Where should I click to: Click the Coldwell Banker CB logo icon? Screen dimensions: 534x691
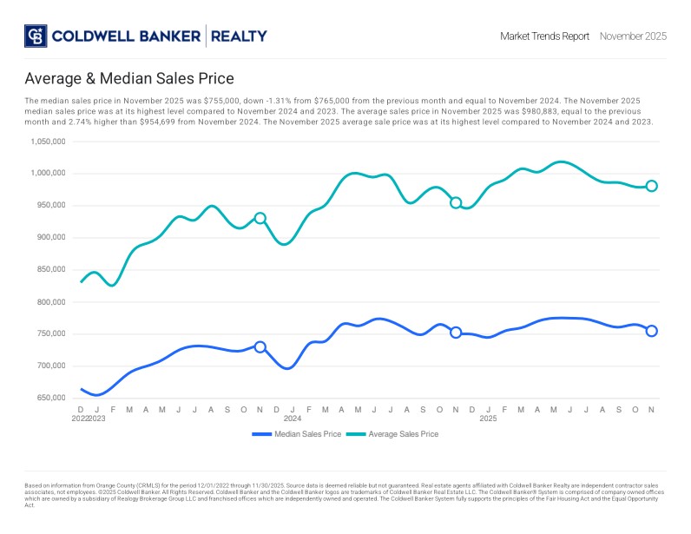pos(36,36)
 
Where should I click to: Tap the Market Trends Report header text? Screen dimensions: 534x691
pos(544,36)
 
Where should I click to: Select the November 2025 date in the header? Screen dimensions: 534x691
pos(633,36)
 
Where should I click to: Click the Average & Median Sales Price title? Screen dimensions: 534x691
pos(129,79)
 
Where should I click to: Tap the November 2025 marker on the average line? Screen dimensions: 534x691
pos(652,186)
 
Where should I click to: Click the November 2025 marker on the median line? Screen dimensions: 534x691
pos(652,331)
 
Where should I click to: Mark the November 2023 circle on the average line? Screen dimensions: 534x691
pos(260,218)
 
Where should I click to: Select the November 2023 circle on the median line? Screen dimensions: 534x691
pos(260,346)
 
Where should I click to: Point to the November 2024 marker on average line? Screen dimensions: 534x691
pos(456,202)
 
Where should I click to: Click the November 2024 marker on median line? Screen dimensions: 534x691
pos(456,332)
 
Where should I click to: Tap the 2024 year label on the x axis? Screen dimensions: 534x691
pos(293,419)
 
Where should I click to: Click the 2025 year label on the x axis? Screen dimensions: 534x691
pos(489,419)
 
